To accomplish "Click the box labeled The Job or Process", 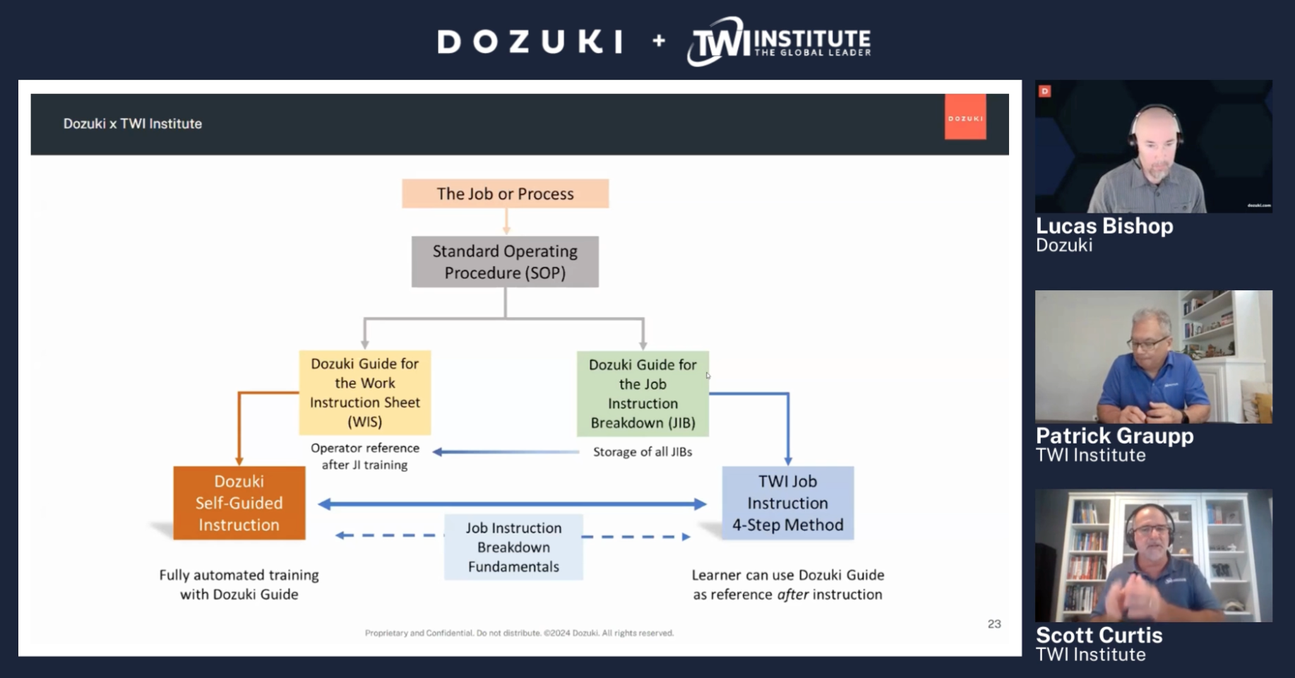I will (x=505, y=194).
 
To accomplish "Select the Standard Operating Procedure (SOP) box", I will (x=505, y=262).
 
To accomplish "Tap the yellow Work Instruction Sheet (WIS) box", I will (x=365, y=393).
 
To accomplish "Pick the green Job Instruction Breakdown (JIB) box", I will (x=643, y=393).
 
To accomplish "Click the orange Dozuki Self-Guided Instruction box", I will (x=239, y=503).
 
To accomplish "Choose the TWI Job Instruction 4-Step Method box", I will (x=787, y=503).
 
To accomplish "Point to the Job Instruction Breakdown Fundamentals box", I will (x=513, y=547).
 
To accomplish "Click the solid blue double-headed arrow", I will (x=512, y=504).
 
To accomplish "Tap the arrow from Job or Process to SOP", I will (x=506, y=221).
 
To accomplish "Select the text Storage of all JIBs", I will (x=643, y=452).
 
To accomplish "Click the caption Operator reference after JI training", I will (x=365, y=456).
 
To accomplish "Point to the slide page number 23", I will (x=994, y=624).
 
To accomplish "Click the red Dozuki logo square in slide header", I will (x=965, y=117).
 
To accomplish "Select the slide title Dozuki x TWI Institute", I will (x=133, y=124).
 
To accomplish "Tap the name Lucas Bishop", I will (x=1104, y=226).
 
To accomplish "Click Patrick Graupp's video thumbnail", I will (x=1154, y=357).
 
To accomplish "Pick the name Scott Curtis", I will (x=1099, y=635).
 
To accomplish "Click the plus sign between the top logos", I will (x=659, y=41).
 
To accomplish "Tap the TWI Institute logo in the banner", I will (x=779, y=41).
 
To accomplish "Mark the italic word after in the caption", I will (x=792, y=595).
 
